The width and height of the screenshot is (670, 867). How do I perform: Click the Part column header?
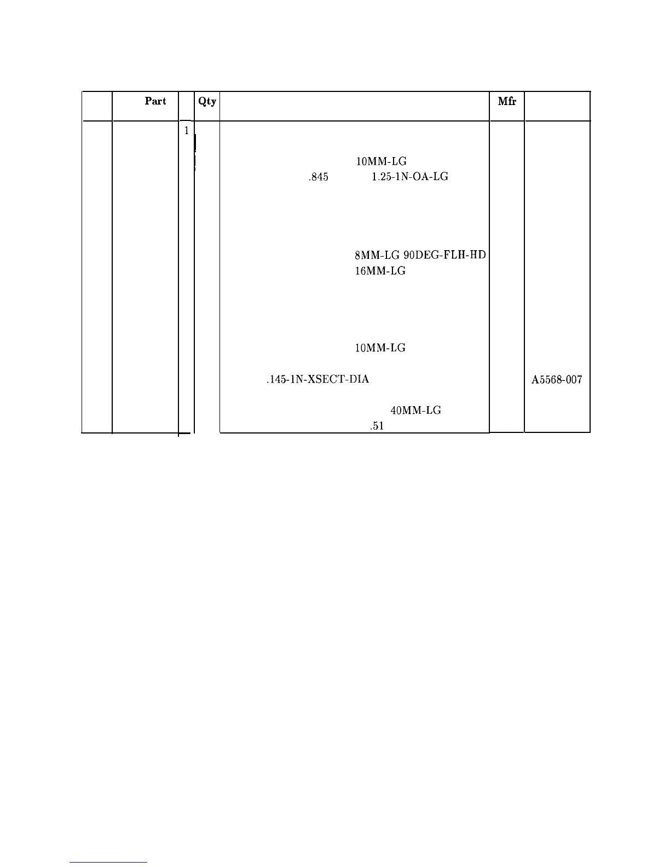click(x=155, y=101)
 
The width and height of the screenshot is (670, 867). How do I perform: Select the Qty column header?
click(x=207, y=101)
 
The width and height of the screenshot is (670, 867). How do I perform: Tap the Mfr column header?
click(x=507, y=101)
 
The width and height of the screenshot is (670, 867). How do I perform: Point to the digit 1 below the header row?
click(x=187, y=131)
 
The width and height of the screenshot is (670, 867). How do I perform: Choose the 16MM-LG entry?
click(x=380, y=271)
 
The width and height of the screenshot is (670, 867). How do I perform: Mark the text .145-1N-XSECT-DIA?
click(x=317, y=379)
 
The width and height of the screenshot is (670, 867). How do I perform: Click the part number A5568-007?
click(x=557, y=379)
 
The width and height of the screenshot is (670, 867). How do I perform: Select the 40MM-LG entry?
click(x=415, y=410)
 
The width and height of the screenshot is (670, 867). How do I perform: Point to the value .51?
click(x=376, y=426)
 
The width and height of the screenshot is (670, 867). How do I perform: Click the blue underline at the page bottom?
click(x=109, y=862)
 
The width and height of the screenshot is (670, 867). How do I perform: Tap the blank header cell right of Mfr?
click(x=557, y=106)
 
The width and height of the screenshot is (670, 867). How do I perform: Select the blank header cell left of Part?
click(x=97, y=106)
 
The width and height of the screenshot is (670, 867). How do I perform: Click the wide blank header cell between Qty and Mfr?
click(x=354, y=106)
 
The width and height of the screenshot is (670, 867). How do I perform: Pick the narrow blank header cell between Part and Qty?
click(x=187, y=106)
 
